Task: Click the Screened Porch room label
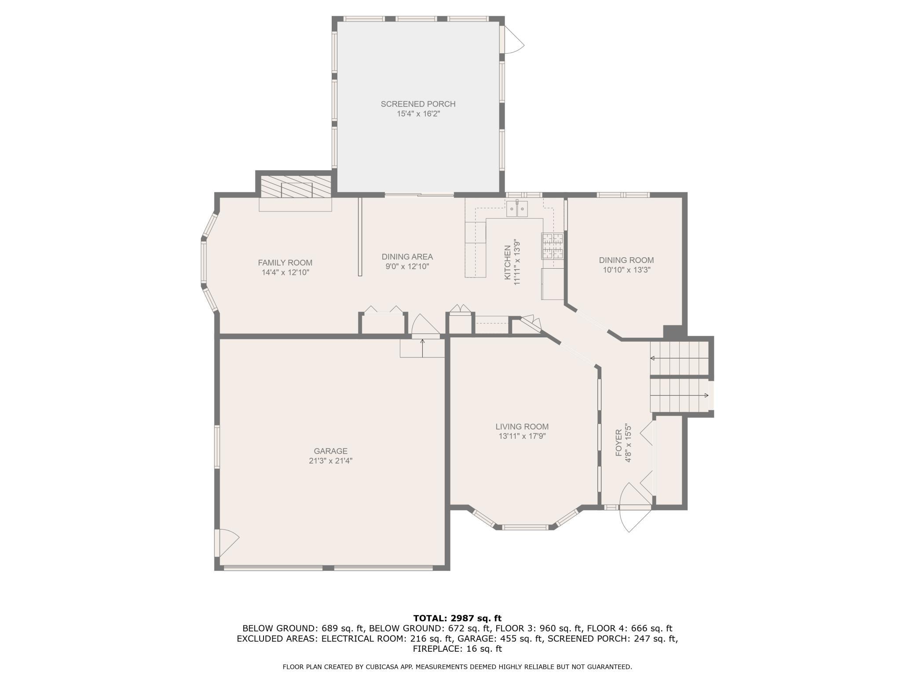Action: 418,104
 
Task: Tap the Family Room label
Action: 285,263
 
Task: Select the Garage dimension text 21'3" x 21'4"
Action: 331,461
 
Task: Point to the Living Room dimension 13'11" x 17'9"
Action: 522,436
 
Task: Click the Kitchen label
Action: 508,263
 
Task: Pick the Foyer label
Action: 619,443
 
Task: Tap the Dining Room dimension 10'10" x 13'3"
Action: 626,270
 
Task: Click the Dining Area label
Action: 407,257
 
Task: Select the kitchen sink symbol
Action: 517,208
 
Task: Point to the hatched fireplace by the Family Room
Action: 296,186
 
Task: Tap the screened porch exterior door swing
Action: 514,40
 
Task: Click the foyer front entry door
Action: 635,507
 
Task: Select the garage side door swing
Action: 227,543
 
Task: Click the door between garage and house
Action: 425,325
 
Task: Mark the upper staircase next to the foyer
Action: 680,358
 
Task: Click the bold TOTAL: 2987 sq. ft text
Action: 457,618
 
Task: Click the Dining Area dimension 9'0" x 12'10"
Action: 407,266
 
